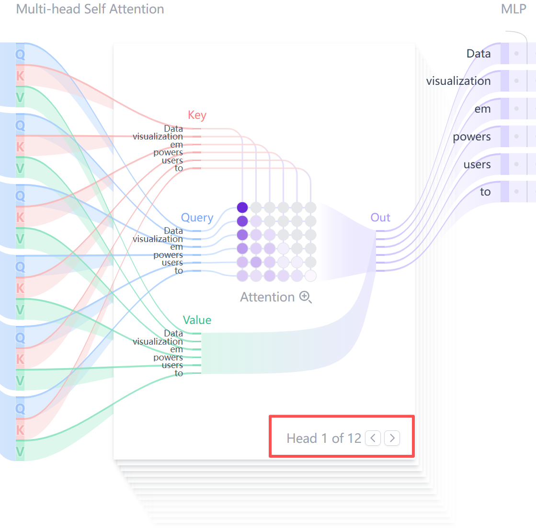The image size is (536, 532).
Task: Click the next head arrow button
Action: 392,438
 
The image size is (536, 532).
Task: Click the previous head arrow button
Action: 373,438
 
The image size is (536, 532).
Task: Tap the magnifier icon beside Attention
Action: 305,297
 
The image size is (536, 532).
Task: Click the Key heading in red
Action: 197,116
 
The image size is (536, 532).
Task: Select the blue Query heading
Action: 197,218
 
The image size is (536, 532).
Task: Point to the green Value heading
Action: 197,320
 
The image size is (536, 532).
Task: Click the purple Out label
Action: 380,218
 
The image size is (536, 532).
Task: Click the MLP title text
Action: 513,9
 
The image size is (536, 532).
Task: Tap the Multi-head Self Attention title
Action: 90,9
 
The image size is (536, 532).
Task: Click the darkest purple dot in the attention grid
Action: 242,208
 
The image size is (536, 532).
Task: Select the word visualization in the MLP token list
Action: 458,81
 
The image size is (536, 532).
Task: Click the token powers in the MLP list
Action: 472,137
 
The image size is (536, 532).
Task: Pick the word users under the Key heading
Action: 172,161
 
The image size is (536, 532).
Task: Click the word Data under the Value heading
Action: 173,333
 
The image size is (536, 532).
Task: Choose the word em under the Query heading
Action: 176,247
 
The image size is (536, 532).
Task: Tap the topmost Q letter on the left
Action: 20,54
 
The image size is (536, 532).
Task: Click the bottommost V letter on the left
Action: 20,451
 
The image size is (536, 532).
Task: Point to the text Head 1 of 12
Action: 324,438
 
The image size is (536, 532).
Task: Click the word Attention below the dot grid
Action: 267,297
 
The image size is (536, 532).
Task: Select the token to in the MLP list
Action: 485,192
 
